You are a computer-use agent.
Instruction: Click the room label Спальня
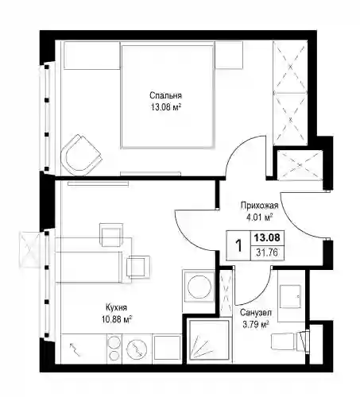click(166, 95)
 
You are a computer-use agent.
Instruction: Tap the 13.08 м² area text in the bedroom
click(166, 107)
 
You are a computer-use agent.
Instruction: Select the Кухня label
click(116, 307)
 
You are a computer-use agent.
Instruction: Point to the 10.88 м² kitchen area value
click(117, 319)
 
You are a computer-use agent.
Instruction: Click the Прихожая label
click(259, 206)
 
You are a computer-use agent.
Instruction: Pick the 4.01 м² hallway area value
click(259, 218)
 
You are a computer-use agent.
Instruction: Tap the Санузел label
click(256, 313)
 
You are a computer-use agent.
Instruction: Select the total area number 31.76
click(267, 252)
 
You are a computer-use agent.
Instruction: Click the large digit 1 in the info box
click(238, 245)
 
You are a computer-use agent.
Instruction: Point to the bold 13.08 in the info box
click(267, 237)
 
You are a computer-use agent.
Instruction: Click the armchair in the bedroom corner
click(80, 155)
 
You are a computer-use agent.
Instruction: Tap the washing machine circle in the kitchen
click(199, 287)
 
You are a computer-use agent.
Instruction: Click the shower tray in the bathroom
click(208, 340)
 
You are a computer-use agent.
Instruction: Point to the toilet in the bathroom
click(289, 341)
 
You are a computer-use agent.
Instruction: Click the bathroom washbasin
click(290, 295)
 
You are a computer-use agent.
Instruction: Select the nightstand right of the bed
click(229, 55)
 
